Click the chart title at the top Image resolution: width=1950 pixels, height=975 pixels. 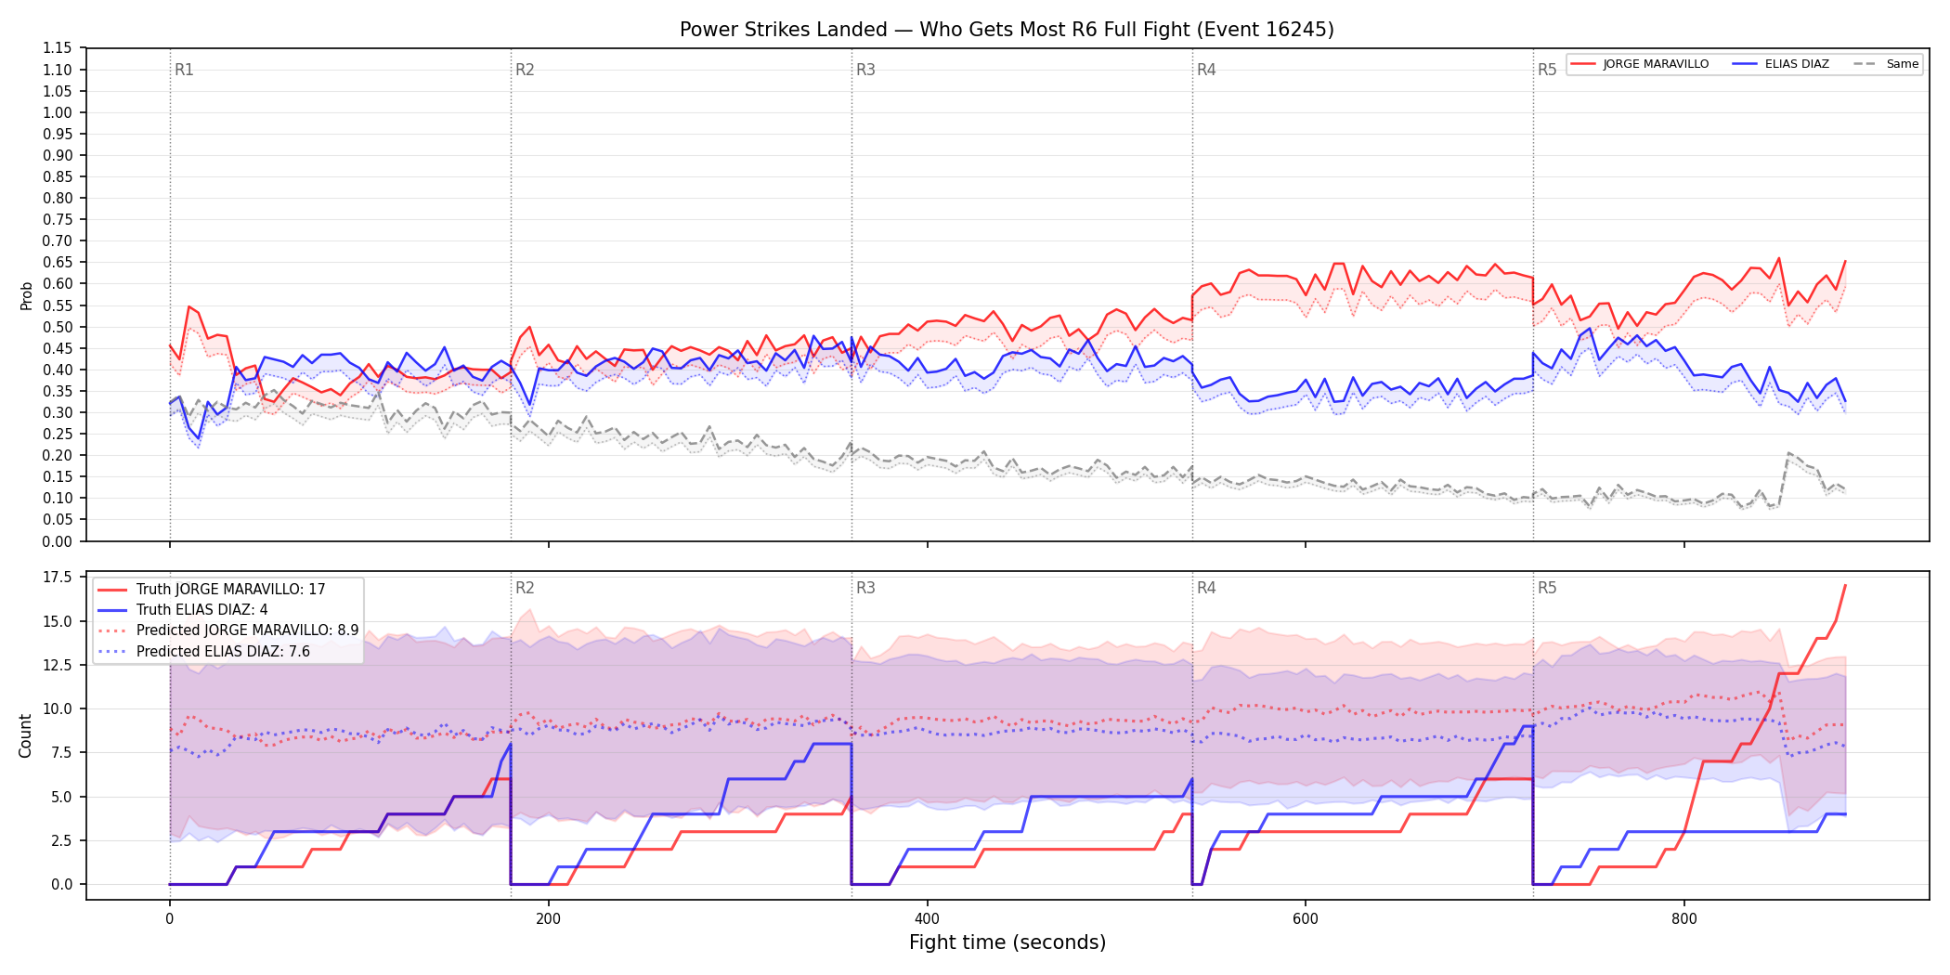[x=1007, y=30]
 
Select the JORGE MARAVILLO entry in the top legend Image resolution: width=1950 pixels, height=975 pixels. [x=1640, y=64]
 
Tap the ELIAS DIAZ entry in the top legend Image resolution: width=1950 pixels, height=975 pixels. [x=1781, y=64]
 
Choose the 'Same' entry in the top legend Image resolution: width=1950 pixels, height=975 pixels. [x=1886, y=64]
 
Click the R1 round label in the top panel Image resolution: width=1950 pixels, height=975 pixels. [x=184, y=70]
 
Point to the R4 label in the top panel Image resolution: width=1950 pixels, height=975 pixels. [x=1206, y=70]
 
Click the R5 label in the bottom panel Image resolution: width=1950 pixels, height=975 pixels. [x=1547, y=588]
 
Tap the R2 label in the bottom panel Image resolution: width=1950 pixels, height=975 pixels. [x=525, y=588]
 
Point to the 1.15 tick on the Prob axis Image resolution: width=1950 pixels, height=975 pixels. [x=58, y=48]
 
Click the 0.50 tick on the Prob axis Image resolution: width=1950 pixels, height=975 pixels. [x=58, y=327]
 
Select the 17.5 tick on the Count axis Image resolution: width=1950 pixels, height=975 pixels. [x=58, y=578]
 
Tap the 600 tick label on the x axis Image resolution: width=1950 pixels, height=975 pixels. [x=1306, y=919]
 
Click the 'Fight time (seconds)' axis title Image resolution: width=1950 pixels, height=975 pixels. [x=1007, y=942]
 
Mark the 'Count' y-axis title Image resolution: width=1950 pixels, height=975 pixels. [x=25, y=735]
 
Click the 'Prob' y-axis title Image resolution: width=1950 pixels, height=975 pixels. [x=26, y=295]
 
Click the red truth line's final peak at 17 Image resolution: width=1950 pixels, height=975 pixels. [x=1845, y=586]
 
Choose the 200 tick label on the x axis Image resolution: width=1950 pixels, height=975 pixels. [x=548, y=919]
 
